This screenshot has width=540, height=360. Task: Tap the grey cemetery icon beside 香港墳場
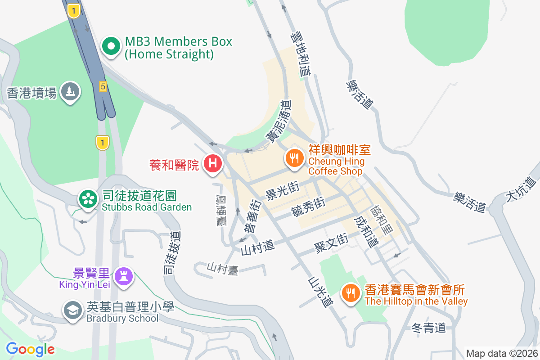tap(70, 91)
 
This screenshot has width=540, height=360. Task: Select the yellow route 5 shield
tap(103, 86)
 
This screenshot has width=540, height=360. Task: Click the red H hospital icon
tap(213, 163)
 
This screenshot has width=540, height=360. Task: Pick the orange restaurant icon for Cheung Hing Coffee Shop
tap(294, 158)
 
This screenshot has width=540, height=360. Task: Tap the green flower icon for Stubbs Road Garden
tap(88, 198)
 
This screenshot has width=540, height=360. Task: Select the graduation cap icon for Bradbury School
tap(72, 310)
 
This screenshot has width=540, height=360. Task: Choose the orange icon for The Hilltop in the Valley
tap(351, 293)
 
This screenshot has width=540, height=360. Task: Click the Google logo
tap(30, 349)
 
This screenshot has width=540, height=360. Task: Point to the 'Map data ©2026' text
tap(501, 353)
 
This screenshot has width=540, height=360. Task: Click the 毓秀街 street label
tap(308, 207)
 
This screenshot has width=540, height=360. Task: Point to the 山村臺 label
tap(222, 268)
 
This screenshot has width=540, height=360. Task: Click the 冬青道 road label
tap(428, 328)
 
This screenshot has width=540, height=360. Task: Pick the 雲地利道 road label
tap(301, 53)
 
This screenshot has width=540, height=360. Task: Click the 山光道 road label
tap(320, 292)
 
